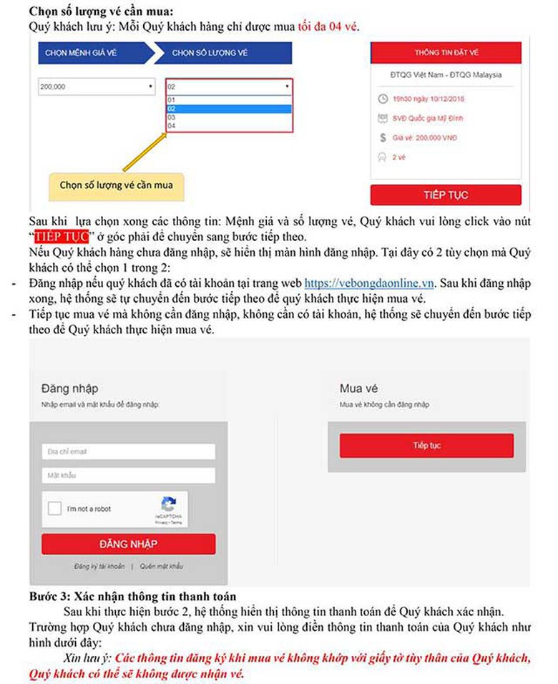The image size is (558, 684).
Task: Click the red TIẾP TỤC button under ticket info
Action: click(446, 195)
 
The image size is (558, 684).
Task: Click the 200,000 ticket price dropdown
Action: click(97, 87)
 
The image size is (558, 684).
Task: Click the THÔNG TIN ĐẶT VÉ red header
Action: click(446, 53)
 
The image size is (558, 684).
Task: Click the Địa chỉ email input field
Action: click(128, 451)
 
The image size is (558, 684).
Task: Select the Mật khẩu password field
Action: click(128, 475)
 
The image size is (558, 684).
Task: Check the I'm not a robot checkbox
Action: click(55, 509)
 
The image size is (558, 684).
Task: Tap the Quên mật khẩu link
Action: click(161, 566)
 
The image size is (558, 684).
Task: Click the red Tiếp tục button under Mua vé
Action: click(426, 445)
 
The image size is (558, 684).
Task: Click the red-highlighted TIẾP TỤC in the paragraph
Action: click(65, 235)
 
